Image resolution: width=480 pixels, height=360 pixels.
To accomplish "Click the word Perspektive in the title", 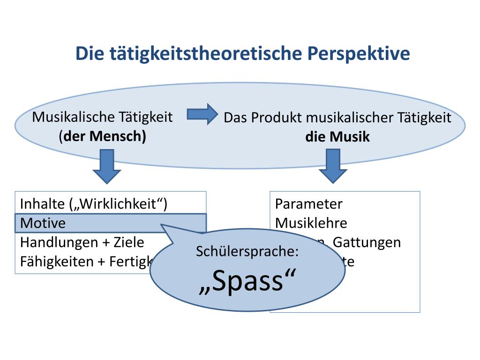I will pos(359,53).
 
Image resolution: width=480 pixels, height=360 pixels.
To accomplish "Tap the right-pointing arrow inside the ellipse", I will pos(202,114).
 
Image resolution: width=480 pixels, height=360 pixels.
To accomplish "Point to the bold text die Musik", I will pos(337,137).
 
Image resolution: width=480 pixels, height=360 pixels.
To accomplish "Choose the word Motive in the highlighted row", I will pos(43,223).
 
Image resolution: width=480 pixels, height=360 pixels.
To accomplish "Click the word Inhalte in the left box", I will pos(42,204).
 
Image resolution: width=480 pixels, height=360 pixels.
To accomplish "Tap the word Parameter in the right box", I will pos(308,204).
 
